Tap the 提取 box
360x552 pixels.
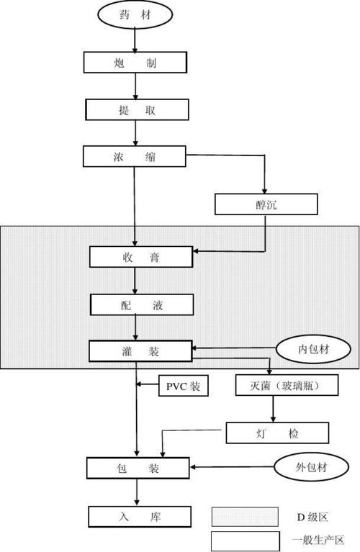[x=137, y=110]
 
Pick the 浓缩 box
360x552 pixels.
[x=135, y=156]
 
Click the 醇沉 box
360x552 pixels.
[x=266, y=205]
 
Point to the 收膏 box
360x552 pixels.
[x=141, y=257]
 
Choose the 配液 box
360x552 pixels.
[x=141, y=304]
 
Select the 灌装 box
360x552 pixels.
[x=140, y=351]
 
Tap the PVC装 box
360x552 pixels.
[x=184, y=386]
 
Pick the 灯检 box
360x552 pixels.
[x=277, y=433]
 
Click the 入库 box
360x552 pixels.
[x=140, y=516]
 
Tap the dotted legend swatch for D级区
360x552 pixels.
[x=245, y=517]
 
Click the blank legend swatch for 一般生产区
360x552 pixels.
[x=245, y=540]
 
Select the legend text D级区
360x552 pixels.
[x=312, y=517]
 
